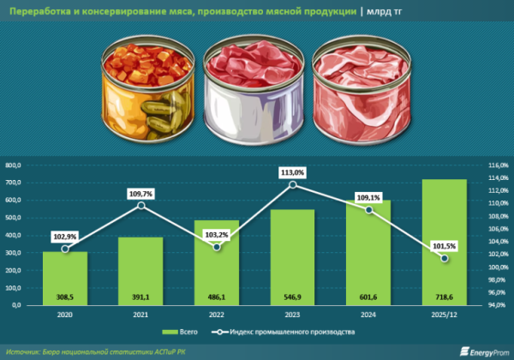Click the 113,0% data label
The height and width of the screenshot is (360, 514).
click(x=292, y=172)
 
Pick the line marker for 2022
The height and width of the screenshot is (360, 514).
click(x=217, y=248)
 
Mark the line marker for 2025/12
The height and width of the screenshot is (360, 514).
click(x=444, y=258)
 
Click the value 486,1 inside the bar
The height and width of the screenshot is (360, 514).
click(x=217, y=297)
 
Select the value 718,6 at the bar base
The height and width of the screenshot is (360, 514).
click(x=444, y=297)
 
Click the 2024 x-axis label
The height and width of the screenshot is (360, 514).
click(x=368, y=315)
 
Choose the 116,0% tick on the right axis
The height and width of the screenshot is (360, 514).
click(x=491, y=165)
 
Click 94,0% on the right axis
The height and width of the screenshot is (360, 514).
click(x=491, y=305)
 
